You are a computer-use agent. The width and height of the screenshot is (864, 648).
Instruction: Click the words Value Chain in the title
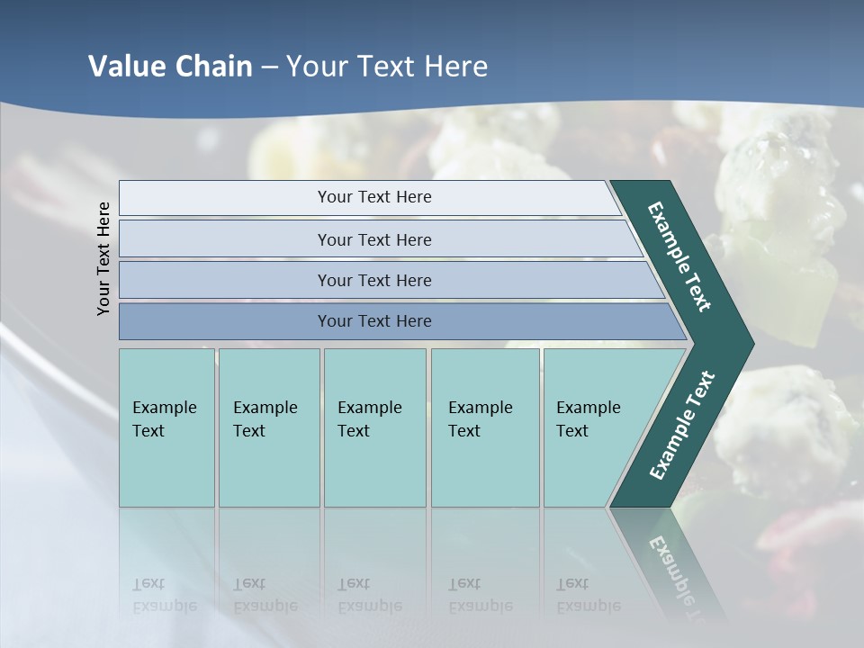tap(170, 67)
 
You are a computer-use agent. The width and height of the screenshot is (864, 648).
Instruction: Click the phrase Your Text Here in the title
tap(387, 67)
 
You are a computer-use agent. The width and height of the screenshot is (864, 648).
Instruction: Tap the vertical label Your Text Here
tap(103, 258)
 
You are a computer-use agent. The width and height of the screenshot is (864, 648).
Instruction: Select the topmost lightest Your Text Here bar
tap(373, 197)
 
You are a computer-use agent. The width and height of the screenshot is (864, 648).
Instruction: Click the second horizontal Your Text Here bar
tap(373, 239)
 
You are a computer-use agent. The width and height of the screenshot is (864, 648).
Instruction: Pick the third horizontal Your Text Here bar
tap(373, 280)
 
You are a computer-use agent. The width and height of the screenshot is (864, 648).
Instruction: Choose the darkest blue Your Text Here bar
tap(373, 321)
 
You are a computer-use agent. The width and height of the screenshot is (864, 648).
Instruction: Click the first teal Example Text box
tap(166, 427)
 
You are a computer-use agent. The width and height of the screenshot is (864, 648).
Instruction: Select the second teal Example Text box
tap(268, 427)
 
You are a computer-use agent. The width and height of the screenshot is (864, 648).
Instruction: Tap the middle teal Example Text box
tap(374, 427)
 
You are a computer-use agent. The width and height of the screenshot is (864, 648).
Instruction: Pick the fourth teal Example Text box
tap(484, 427)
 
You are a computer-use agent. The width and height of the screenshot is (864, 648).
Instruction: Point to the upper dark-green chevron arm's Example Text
tap(679, 256)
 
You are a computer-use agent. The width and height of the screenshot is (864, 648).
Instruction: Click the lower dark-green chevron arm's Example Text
tap(682, 425)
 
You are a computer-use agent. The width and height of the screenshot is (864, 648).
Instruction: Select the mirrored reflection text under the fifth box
tap(588, 594)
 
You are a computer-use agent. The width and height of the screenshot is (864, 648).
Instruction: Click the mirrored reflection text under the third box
tap(369, 594)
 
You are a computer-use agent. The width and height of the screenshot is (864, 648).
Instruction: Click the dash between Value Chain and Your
tap(269, 68)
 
